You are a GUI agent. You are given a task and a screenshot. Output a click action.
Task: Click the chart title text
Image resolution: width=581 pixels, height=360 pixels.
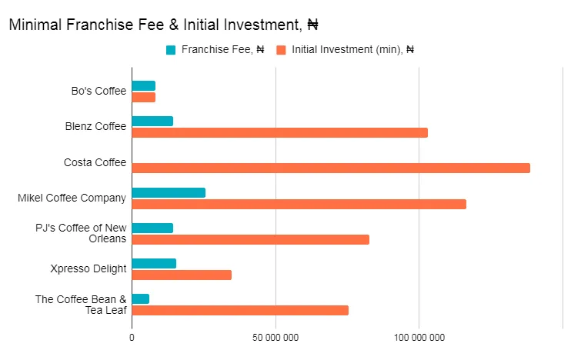163,25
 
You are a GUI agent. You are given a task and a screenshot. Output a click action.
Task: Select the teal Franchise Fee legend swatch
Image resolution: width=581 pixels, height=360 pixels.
171,50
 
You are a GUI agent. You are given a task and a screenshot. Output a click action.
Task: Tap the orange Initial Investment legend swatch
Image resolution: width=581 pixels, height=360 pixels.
282,50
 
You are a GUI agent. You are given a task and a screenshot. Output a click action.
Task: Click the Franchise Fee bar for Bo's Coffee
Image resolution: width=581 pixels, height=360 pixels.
144,85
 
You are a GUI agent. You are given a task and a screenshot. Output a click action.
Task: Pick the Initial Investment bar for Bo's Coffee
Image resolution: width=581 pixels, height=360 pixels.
144,97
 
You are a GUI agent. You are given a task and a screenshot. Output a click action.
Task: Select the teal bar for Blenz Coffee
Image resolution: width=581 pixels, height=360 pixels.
152,121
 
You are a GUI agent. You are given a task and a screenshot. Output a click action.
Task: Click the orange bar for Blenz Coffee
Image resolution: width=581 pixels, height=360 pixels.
279,132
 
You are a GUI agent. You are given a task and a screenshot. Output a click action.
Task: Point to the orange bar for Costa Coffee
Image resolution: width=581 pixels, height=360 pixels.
331,168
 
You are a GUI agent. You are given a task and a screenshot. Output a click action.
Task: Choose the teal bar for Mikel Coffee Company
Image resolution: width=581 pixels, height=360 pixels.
169,192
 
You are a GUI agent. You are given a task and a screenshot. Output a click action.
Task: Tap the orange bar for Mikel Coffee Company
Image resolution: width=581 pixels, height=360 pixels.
299,204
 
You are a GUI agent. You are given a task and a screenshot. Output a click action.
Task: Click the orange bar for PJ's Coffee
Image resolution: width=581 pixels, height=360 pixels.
250,239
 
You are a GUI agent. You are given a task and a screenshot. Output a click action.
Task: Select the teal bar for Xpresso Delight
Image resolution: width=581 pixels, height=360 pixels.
154,263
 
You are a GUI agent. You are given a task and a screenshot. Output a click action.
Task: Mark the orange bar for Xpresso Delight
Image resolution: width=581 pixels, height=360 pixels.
182,275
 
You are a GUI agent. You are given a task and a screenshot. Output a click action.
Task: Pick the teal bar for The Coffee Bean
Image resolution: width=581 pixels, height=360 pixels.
141,298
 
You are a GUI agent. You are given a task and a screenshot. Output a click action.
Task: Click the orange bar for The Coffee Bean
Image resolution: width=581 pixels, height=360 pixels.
240,310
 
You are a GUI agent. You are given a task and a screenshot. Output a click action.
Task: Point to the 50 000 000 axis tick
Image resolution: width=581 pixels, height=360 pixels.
275,337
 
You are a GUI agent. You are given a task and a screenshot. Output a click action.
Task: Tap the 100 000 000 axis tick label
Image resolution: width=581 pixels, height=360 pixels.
419,337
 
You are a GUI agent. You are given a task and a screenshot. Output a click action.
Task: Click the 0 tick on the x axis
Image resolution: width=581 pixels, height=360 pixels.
132,337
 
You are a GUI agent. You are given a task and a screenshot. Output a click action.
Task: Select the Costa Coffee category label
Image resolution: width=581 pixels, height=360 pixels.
95,162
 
